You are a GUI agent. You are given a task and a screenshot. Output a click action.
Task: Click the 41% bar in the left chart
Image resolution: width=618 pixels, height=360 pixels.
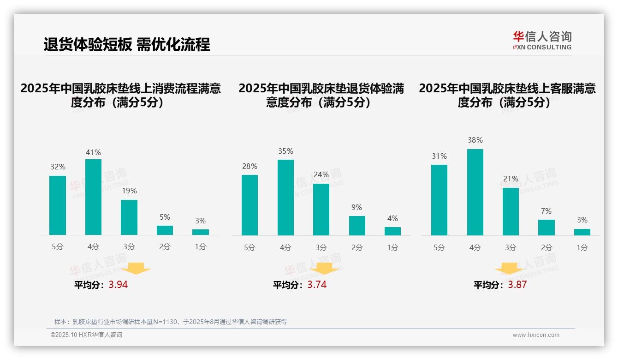(x=93, y=197)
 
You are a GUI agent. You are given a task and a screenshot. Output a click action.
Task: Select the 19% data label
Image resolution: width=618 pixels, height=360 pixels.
(x=129, y=191)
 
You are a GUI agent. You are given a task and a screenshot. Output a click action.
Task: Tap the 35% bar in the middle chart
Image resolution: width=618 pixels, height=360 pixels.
(x=285, y=198)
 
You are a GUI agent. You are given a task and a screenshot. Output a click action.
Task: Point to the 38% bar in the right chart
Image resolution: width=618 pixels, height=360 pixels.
(x=475, y=192)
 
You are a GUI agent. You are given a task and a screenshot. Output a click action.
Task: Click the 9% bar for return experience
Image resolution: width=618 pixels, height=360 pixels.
(x=357, y=226)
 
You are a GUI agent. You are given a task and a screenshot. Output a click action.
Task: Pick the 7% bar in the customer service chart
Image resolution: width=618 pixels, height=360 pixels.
(x=547, y=228)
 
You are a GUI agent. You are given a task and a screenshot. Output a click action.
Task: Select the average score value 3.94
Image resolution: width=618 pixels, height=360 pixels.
(x=118, y=285)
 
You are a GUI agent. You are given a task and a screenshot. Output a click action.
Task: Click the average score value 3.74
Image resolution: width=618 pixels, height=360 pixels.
(x=317, y=285)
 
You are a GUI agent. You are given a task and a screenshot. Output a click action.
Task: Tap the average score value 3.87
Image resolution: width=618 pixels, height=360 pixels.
(x=517, y=285)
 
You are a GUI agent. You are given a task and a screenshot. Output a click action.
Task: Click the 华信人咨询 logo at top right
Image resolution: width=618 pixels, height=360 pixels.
(x=542, y=40)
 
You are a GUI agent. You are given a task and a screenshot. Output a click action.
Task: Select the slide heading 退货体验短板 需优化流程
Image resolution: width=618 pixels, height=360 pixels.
(x=127, y=44)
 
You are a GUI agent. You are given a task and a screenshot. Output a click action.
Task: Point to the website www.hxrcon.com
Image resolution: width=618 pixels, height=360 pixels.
(x=536, y=335)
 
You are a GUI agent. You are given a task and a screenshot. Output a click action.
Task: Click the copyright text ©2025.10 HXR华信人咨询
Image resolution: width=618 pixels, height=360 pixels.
(x=86, y=335)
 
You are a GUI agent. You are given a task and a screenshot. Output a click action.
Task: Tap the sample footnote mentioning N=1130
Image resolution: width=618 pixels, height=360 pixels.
(x=171, y=322)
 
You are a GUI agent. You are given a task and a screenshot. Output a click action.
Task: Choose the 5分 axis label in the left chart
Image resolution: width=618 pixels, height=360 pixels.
(x=58, y=247)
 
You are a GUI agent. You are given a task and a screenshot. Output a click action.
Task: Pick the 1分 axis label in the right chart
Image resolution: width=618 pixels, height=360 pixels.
(x=582, y=247)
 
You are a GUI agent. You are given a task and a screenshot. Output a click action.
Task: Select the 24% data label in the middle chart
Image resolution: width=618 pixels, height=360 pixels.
(x=321, y=174)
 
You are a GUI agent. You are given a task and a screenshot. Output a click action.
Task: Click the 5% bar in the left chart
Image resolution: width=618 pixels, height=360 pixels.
(x=165, y=230)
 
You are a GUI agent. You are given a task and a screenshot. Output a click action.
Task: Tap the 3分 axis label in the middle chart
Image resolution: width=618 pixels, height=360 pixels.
(x=321, y=247)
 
